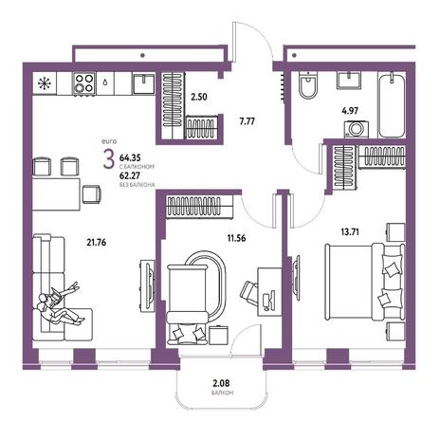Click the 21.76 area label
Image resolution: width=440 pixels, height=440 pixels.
click(97, 243)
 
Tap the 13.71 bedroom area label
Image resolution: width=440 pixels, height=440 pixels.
click(350, 232)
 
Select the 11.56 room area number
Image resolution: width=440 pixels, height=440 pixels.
click(236, 238)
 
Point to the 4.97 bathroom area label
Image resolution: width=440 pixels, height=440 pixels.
click(350, 111)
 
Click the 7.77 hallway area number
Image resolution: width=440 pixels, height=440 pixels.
click(247, 121)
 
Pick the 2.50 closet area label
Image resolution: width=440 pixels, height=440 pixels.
click(199, 97)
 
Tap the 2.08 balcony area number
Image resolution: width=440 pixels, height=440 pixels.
click(221, 383)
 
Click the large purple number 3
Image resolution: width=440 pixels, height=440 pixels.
click(108, 159)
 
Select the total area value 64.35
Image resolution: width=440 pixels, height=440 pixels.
click(130, 157)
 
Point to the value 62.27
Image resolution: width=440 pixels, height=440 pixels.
click(130, 175)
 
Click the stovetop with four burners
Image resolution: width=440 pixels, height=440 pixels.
click(84, 83)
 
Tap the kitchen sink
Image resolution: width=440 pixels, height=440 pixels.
click(144, 83)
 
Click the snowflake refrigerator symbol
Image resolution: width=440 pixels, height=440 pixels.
click(45, 83)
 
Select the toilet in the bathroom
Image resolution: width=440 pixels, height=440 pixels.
click(308, 84)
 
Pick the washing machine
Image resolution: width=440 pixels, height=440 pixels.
click(357, 129)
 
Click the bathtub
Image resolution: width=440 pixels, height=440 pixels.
click(392, 105)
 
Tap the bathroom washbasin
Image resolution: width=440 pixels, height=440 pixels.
click(349, 81)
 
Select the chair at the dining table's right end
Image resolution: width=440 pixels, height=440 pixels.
click(92, 194)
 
